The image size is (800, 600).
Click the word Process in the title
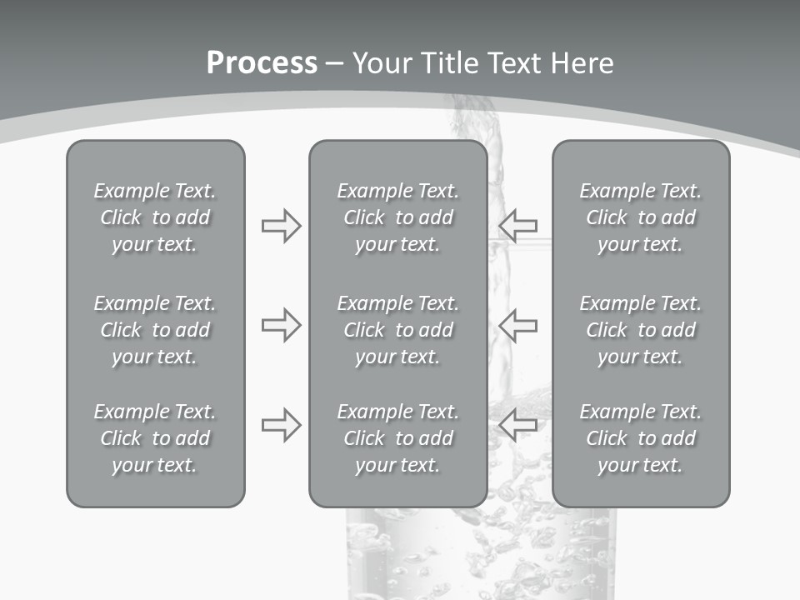[262, 63]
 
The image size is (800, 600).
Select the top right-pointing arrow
[281, 226]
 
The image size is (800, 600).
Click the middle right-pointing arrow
[281, 325]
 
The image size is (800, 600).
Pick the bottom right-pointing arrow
[281, 424]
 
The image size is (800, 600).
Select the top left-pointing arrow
[518, 226]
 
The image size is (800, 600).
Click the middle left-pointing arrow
[518, 325]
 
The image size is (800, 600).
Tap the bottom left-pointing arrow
[518, 424]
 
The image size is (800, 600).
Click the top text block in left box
[155, 217]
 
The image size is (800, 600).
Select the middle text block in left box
[155, 330]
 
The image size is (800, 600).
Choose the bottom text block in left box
[155, 438]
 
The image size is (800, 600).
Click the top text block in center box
[397, 217]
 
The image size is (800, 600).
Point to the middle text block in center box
[397, 330]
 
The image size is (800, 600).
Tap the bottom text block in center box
[397, 438]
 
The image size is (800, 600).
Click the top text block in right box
[640, 217]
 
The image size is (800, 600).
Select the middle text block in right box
[640, 330]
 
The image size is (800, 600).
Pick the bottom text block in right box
[640, 438]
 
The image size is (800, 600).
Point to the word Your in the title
[380, 63]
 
